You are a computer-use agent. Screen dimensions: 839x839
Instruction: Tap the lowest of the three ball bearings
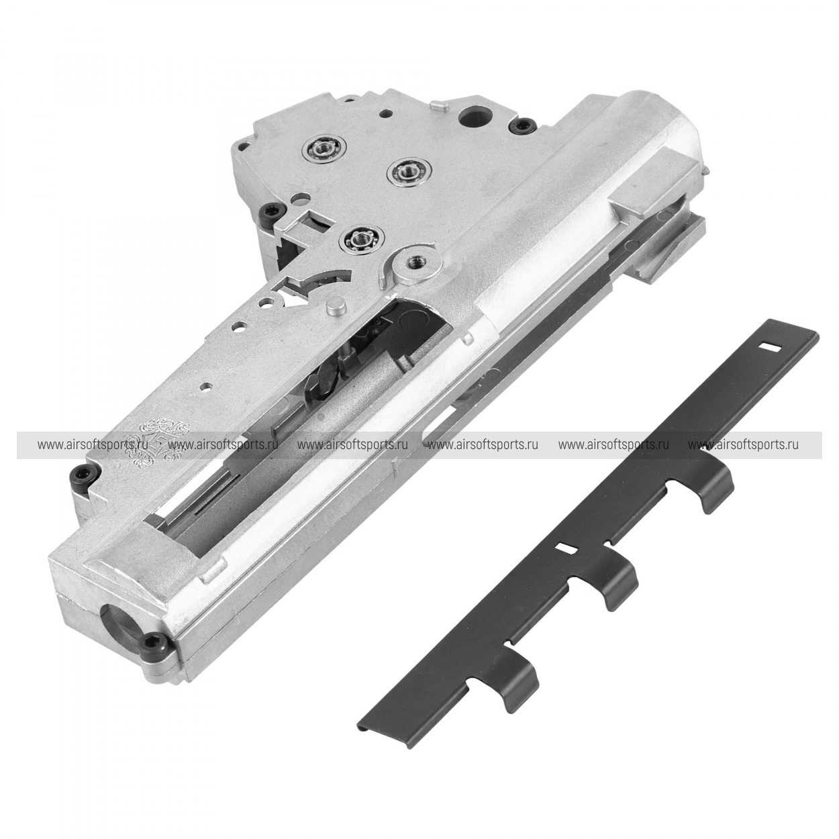click(361, 238)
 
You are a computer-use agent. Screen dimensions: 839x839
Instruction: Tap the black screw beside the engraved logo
click(81, 473)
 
